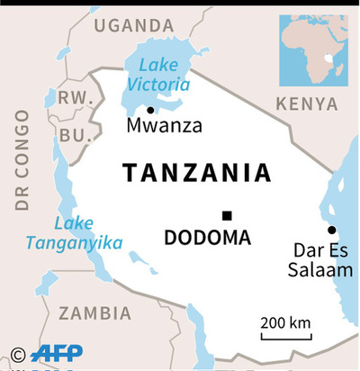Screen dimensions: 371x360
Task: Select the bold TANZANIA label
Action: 195,173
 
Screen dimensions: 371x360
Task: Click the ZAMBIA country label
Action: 94,312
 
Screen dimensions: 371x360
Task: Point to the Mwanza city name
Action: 164,125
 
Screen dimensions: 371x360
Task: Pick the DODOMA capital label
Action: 207,238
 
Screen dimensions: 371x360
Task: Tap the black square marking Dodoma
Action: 227,215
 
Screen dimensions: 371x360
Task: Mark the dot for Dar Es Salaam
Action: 331,230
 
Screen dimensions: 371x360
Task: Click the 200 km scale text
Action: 285,322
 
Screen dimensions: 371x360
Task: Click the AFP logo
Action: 56,354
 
